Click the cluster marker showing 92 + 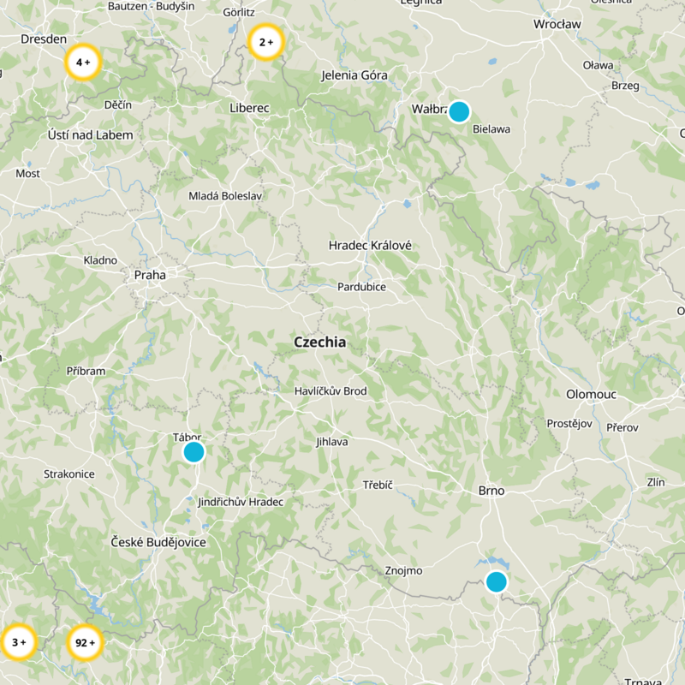84,642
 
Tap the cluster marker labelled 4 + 83,63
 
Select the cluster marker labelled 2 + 265,41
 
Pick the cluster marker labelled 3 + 18,641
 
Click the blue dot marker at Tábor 194,451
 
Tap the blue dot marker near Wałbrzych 459,111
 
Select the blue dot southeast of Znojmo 496,581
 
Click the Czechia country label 319,342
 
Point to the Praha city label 150,275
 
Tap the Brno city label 491,491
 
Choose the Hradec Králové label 370,246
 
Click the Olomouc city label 592,394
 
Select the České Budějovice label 158,542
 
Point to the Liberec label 249,108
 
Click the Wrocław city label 557,25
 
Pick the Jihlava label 331,442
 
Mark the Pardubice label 361,287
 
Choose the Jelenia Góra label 354,75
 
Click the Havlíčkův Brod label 330,391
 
